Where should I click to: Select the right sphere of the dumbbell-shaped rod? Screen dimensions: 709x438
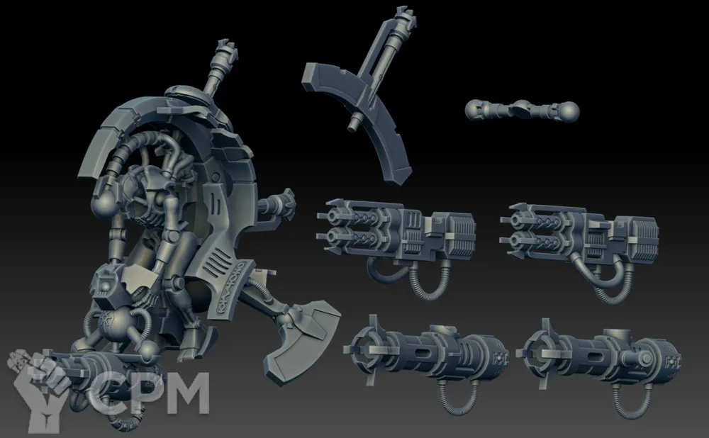pyautogui.click(x=569, y=112)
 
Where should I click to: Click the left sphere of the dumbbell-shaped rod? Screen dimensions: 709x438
pyautogui.click(x=475, y=110)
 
